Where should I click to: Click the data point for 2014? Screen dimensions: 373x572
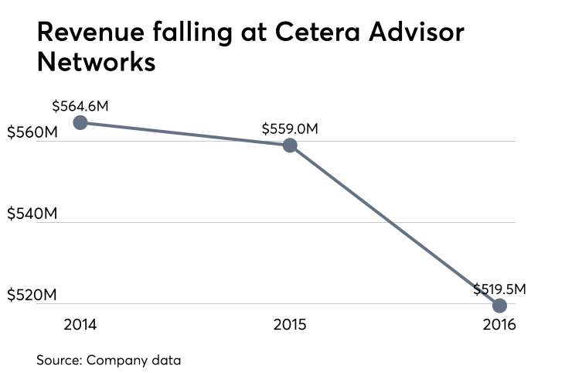(x=80, y=122)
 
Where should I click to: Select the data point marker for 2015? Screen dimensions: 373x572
(x=290, y=145)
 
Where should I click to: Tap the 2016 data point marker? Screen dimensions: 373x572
(x=499, y=305)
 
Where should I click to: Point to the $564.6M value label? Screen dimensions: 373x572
(x=81, y=106)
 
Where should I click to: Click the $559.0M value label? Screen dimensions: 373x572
(x=290, y=128)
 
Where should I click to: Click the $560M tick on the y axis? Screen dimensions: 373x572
(x=32, y=132)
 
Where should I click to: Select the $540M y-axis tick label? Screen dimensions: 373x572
(x=32, y=214)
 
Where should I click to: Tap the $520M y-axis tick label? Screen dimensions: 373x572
(x=32, y=296)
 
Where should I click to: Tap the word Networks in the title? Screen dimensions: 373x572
(x=97, y=62)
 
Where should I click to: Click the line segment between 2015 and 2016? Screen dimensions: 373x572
(x=394, y=225)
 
